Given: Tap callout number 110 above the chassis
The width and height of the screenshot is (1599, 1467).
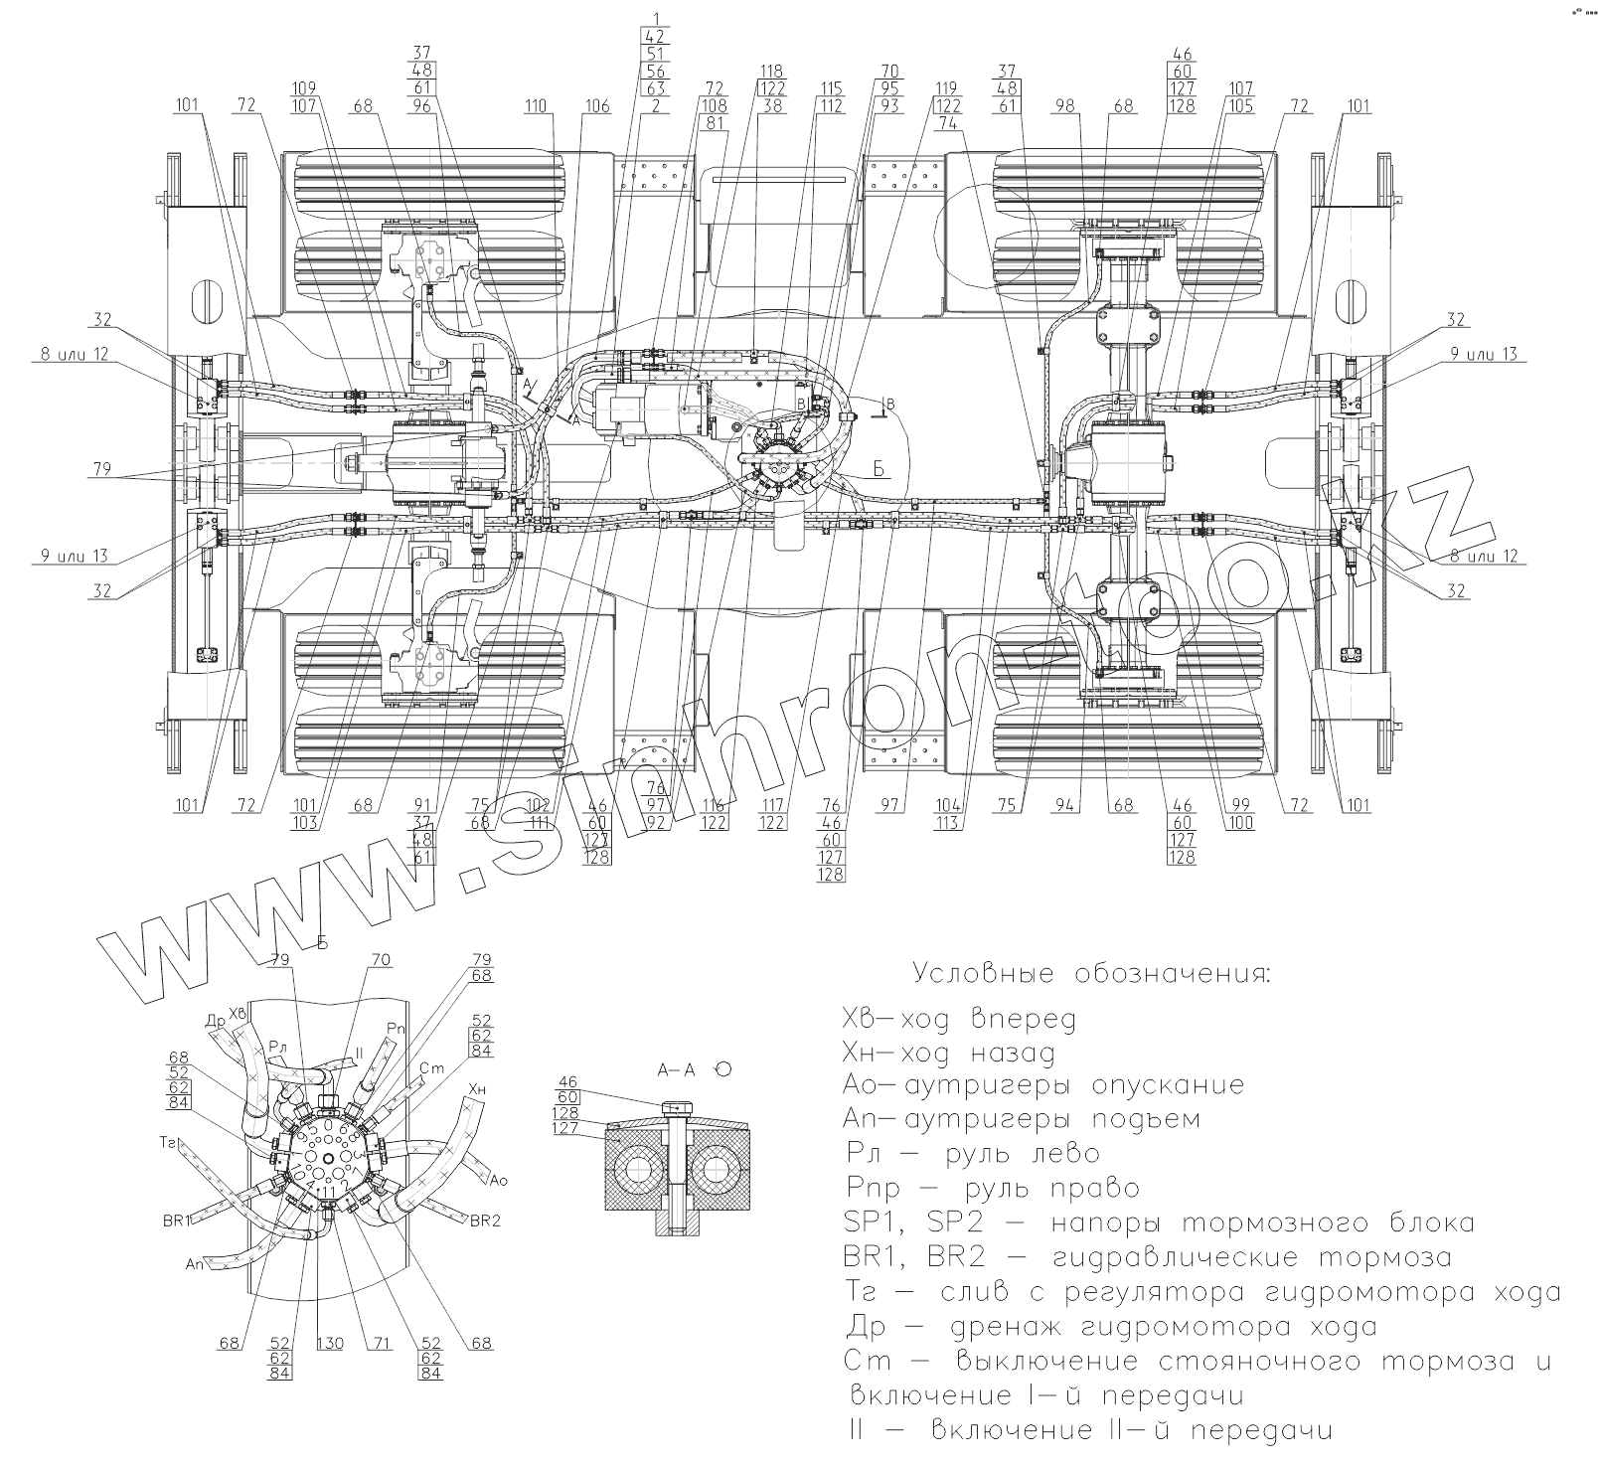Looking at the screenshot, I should click(538, 105).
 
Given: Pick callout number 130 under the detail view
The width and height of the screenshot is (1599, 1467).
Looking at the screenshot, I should click(330, 1343).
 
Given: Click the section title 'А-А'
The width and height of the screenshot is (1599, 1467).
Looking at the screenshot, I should click(676, 1069).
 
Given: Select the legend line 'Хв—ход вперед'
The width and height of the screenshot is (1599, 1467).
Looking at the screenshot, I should click(958, 1019).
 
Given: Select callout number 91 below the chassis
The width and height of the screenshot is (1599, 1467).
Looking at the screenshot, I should click(424, 805).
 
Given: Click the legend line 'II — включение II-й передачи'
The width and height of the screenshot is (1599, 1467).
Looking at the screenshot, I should click(1087, 1430).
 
